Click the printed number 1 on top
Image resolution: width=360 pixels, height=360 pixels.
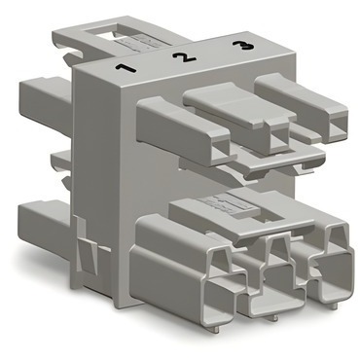click(126, 68)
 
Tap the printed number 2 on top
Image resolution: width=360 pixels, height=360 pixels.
click(184, 57)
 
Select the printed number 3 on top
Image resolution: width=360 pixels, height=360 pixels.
click(243, 46)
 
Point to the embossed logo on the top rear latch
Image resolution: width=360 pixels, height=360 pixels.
click(137, 43)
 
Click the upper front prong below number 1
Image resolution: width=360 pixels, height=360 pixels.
click(184, 130)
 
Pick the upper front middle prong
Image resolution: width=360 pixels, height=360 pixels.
click(240, 115)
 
